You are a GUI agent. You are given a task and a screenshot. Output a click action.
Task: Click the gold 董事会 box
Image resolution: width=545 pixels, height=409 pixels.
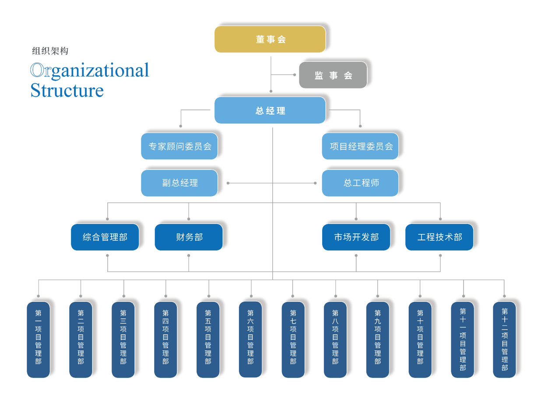point(270,39)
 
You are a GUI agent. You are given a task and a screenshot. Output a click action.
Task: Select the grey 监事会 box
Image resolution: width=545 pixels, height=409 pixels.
point(333,75)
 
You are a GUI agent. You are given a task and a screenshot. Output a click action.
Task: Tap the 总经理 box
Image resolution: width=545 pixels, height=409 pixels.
point(270,110)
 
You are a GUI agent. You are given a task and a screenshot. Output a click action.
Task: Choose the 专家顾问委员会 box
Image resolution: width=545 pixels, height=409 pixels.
point(179,146)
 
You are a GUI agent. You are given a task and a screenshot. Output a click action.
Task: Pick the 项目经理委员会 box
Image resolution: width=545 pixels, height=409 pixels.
point(360,146)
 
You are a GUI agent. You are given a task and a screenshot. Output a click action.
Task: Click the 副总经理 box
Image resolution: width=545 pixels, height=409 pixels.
point(179,183)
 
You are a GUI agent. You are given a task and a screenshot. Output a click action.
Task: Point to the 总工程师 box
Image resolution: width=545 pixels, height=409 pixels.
point(360,183)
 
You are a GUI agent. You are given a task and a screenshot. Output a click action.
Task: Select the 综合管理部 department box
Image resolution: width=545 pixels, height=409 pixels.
point(105,237)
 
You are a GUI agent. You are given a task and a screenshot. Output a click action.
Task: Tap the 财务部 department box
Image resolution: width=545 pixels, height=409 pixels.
point(189,237)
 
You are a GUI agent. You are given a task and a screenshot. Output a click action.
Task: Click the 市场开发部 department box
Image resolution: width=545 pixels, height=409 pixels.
point(356,237)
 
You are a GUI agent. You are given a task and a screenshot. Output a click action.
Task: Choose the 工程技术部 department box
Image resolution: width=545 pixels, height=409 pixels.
point(439,237)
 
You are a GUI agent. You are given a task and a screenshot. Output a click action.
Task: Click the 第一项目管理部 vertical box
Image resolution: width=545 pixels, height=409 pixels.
point(39,339)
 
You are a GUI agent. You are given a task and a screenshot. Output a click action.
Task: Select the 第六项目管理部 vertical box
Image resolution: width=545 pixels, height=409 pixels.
point(250,339)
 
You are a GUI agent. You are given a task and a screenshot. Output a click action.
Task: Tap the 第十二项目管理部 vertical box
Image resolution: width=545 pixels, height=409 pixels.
point(504,339)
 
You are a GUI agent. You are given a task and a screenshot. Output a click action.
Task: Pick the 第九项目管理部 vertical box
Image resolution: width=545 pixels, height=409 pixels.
point(377,339)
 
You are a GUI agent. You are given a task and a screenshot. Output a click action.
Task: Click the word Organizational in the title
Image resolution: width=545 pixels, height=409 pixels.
point(90,71)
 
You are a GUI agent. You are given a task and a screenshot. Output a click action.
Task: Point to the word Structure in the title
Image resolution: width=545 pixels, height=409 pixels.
point(67,90)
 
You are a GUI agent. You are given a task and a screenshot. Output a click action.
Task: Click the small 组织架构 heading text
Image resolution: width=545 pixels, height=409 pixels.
point(50,51)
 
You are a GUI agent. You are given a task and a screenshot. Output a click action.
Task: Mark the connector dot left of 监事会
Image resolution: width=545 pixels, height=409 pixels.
point(295,75)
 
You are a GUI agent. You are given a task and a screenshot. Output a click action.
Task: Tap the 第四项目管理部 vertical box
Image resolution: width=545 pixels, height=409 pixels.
point(165,339)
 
